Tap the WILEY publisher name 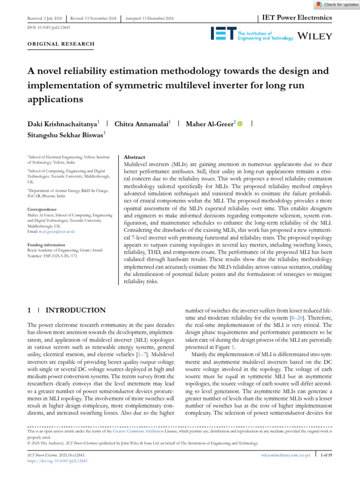[x=315, y=36]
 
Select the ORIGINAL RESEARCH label [x=61, y=44]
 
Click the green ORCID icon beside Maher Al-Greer [x=240, y=124]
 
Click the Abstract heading [x=134, y=157]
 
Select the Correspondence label [x=42, y=209]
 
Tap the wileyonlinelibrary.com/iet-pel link [x=285, y=455]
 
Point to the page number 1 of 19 [x=325, y=455]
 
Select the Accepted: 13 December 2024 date [x=149, y=18]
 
